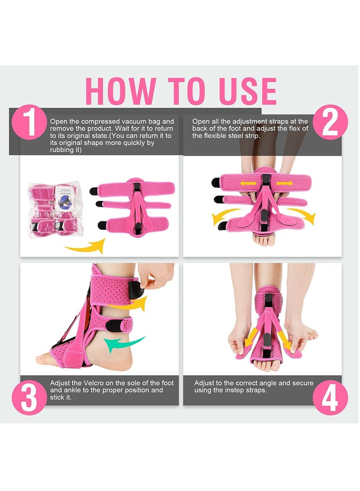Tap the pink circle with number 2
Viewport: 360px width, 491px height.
pos(330,122)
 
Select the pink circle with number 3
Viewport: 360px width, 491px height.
pos(30,397)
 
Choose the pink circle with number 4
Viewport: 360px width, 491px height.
pos(330,397)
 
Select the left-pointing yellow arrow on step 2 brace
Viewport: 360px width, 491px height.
pos(245,184)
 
